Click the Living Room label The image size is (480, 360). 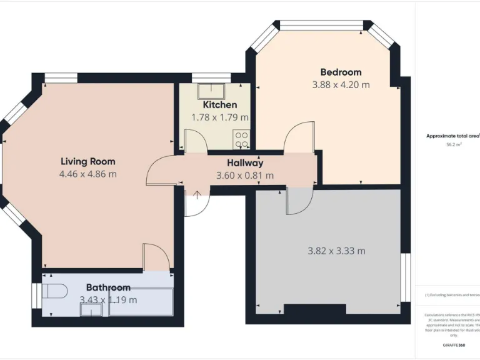click(87, 161)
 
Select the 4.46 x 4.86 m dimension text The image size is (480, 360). click(87, 174)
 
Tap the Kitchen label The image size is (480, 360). click(220, 105)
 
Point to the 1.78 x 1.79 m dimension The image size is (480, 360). click(220, 117)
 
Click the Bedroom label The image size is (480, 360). click(341, 72)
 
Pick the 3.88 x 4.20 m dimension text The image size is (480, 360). click(341, 85)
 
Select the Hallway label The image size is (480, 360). click(245, 162)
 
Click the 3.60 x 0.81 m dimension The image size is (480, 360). click(245, 176)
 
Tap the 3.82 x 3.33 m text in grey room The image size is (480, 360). click(336, 251)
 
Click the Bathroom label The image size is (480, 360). click(108, 287)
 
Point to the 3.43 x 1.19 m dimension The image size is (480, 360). click(108, 300)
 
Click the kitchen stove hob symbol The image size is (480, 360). click(242, 139)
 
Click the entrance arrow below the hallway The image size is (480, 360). click(197, 195)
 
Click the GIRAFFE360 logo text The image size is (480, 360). click(454, 345)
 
